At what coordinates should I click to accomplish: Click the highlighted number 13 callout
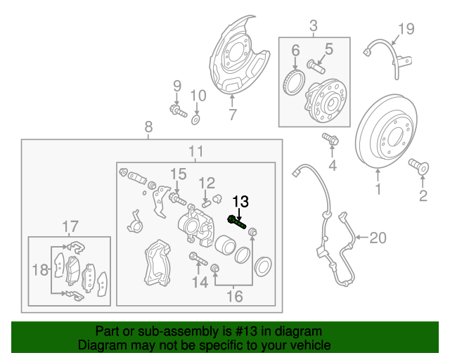[x=240, y=202]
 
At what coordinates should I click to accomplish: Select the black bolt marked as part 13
[x=237, y=223]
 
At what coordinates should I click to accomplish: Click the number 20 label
[x=378, y=238]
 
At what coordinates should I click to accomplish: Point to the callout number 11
[x=195, y=152]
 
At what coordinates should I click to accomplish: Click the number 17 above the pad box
[x=70, y=226]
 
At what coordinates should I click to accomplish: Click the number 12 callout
[x=206, y=184]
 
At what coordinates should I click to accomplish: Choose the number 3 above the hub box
[x=314, y=27]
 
